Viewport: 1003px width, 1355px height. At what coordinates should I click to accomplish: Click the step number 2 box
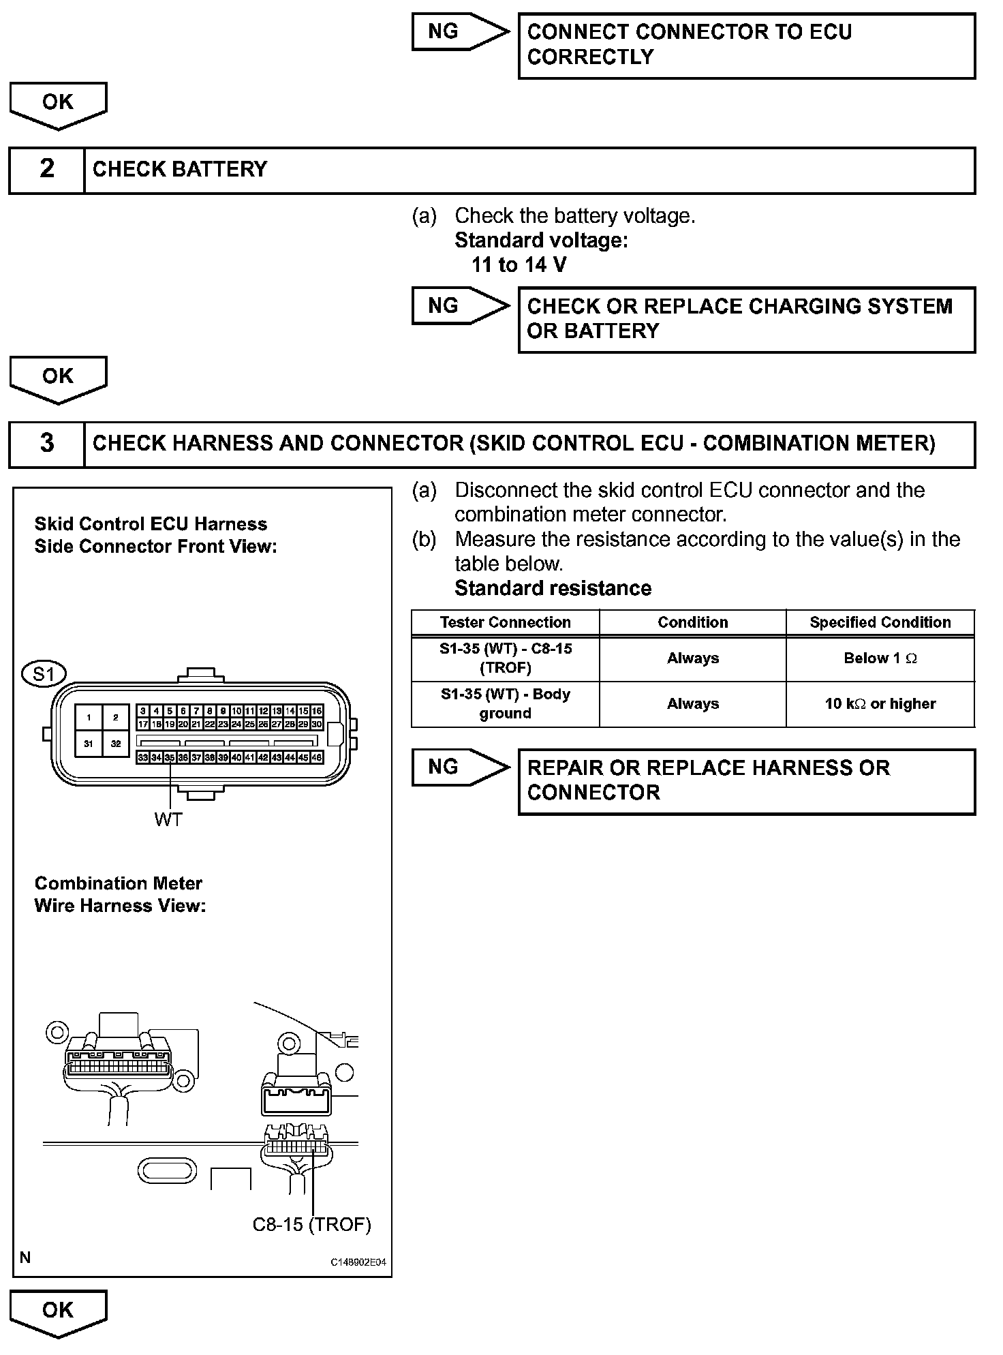pos(46,170)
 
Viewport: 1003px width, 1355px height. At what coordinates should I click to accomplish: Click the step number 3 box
pos(46,444)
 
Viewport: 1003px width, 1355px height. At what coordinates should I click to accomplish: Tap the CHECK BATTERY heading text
pos(180,170)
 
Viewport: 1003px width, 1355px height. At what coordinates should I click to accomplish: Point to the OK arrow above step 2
pos(58,104)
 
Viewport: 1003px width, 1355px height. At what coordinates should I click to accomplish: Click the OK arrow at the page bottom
pos(58,1311)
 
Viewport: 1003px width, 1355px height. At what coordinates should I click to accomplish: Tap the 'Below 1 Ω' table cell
pos(880,658)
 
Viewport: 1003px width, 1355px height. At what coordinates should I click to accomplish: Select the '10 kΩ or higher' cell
pos(880,704)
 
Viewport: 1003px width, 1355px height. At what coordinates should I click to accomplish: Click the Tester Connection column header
pos(505,622)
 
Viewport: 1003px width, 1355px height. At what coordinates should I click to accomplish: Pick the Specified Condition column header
pos(880,622)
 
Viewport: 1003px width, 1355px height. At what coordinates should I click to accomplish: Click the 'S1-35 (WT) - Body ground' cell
pos(505,704)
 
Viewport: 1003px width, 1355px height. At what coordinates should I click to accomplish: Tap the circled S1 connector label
pos(44,674)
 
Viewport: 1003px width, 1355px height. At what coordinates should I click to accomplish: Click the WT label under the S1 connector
pos(168,819)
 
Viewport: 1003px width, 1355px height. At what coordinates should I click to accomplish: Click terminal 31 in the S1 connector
pos(89,744)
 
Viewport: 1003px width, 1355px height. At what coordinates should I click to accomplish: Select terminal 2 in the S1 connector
pos(116,717)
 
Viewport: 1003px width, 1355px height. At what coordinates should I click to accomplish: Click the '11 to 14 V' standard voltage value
pos(519,265)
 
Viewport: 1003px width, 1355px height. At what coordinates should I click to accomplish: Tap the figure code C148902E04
pos(358,1262)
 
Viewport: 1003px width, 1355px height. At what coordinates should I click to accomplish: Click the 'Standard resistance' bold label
pos(553,588)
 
